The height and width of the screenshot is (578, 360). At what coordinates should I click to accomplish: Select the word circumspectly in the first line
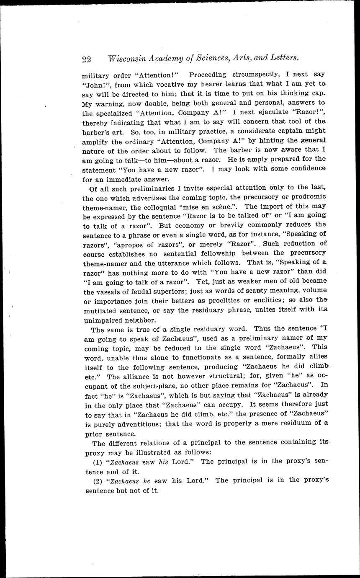[254, 75]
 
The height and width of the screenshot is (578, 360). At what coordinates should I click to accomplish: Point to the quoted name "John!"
[93, 84]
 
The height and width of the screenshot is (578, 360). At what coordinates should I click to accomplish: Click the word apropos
[134, 244]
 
